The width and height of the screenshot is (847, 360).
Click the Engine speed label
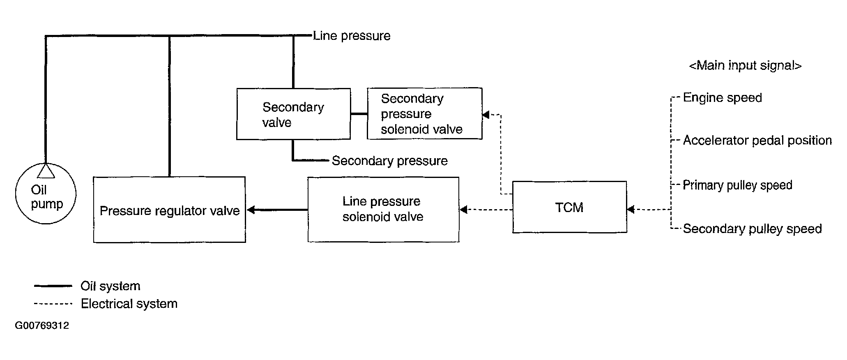click(x=722, y=98)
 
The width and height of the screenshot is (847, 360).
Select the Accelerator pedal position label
click(x=757, y=141)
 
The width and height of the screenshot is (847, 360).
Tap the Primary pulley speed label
click(x=737, y=185)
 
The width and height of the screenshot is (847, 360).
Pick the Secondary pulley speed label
click(x=752, y=229)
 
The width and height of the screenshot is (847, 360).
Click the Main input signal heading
click(x=745, y=66)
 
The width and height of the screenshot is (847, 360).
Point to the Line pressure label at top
click(x=352, y=36)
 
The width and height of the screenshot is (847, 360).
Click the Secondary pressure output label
click(x=389, y=161)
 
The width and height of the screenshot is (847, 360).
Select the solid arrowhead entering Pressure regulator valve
click(x=251, y=210)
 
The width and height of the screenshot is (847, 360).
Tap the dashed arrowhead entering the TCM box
click(x=631, y=210)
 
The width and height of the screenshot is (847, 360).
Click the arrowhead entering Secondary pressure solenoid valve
click(x=486, y=115)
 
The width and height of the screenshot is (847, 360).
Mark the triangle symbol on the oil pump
click(x=46, y=171)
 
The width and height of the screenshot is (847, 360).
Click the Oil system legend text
click(x=110, y=286)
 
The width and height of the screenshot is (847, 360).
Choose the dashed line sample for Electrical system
click(x=53, y=304)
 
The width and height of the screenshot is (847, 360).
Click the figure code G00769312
click(x=42, y=326)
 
